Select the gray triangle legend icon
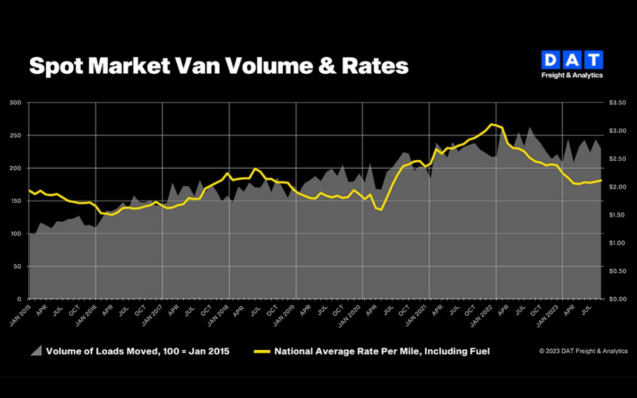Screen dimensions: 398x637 37,351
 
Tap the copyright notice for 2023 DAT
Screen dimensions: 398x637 583,351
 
